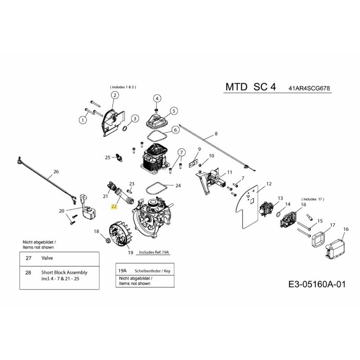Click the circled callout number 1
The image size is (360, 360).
tap(83, 120)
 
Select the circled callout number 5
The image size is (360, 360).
tap(175, 110)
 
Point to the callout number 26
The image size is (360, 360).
tap(56, 171)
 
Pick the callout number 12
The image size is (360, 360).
tap(269, 184)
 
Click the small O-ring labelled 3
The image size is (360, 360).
tap(125, 129)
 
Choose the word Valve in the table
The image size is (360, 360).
tap(48, 259)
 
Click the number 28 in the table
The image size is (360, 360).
tap(28, 272)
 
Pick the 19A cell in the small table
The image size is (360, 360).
tap(121, 271)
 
